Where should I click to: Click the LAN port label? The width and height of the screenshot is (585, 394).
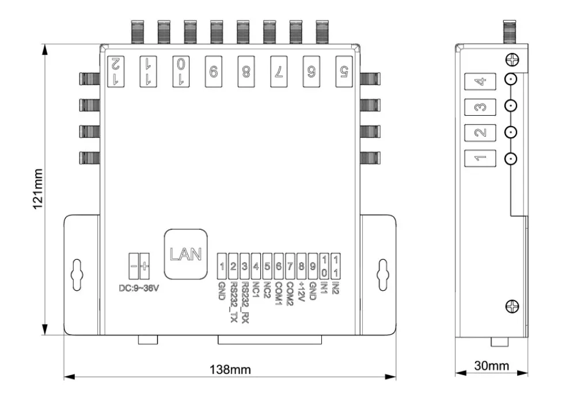tap(185, 253)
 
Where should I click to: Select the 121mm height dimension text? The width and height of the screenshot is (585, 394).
tap(38, 189)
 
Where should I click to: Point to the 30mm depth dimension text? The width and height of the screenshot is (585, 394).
tap(491, 366)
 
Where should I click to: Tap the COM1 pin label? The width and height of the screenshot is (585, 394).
tap(279, 293)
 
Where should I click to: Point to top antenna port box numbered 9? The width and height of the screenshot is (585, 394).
tap(214, 71)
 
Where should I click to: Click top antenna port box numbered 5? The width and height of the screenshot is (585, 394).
tap(344, 71)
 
